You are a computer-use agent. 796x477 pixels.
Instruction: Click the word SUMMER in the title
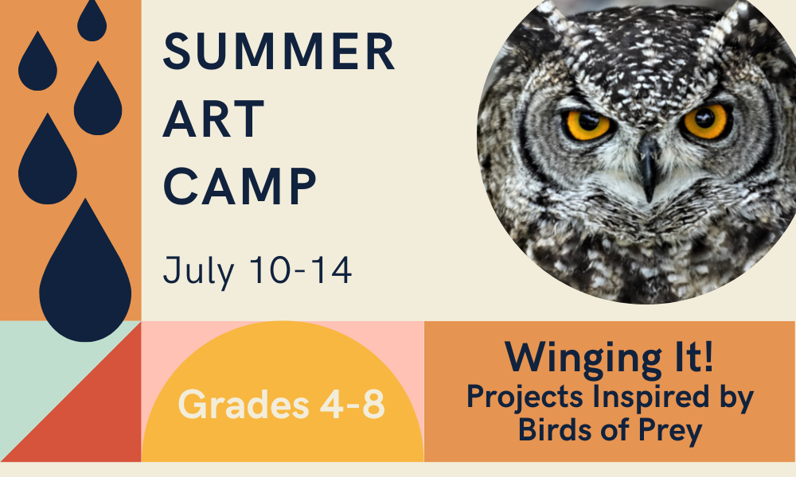click(279, 51)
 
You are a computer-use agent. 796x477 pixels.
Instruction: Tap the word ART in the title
click(213, 118)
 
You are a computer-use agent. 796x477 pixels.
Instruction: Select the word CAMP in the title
click(240, 186)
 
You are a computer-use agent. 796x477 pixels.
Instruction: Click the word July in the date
click(198, 271)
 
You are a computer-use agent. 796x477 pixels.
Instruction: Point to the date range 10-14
click(301, 270)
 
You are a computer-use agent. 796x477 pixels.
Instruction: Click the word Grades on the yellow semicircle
click(244, 405)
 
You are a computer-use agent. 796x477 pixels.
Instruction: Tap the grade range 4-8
click(353, 404)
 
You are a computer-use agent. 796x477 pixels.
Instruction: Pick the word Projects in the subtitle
click(525, 397)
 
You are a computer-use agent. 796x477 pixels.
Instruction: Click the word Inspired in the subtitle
click(651, 397)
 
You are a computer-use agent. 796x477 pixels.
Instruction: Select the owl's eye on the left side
click(588, 125)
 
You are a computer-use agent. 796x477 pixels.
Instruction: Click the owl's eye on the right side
click(705, 122)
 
